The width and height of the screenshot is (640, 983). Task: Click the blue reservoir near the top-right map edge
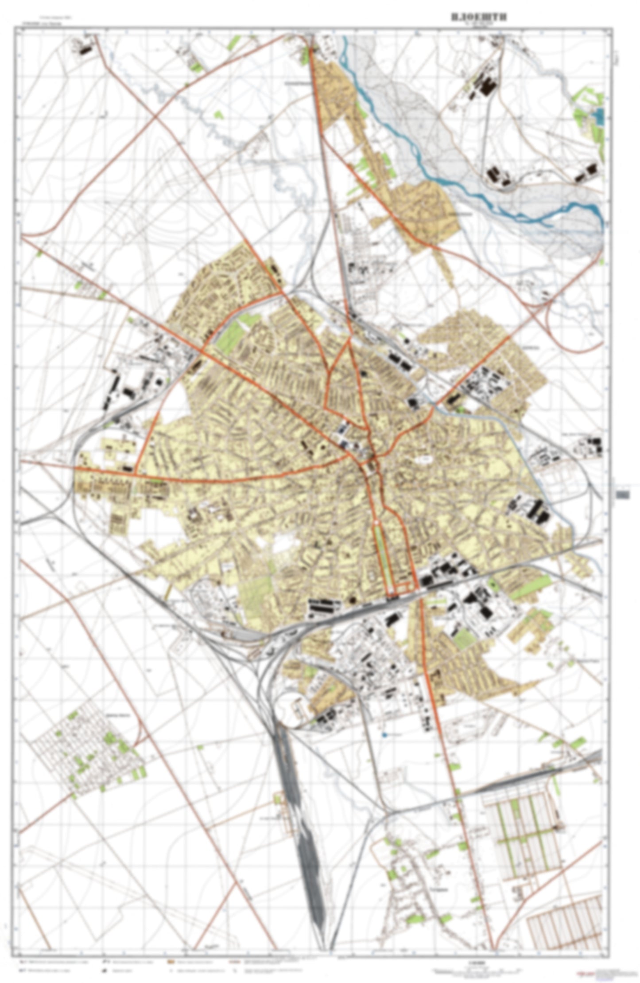pyautogui.click(x=599, y=116)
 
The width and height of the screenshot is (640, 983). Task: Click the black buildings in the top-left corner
pyautogui.click(x=84, y=49)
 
